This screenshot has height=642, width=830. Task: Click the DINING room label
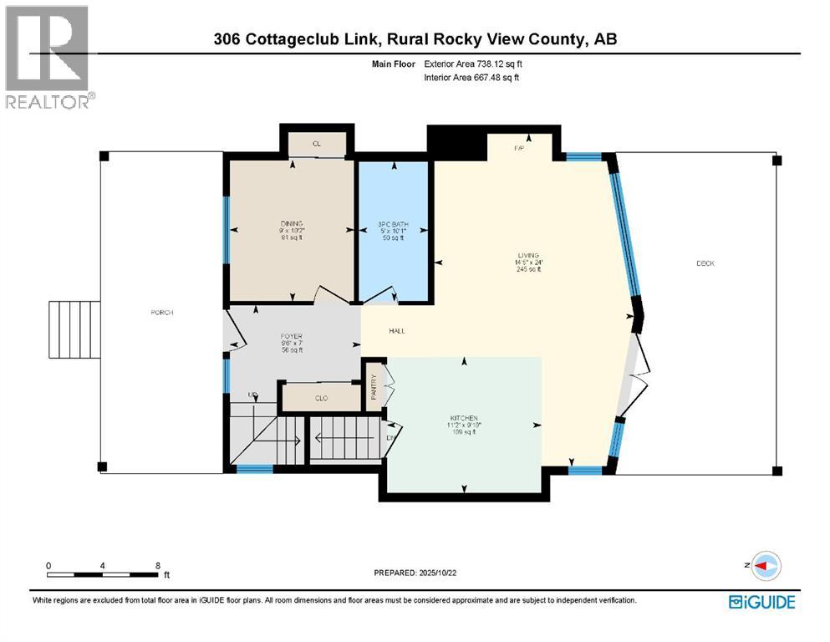point(292,224)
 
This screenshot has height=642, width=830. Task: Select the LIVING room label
point(527,256)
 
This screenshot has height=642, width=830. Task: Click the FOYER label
point(291,336)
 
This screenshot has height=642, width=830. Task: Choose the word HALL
point(397,331)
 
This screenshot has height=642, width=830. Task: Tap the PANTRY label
point(374,385)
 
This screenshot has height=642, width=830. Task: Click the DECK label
point(705,263)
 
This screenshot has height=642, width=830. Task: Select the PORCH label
point(161,313)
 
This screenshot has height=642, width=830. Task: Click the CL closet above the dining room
point(317,144)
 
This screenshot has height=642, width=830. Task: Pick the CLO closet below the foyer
point(320,399)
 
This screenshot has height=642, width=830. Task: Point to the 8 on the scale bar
point(158,566)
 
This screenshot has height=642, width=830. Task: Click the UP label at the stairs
point(250,394)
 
